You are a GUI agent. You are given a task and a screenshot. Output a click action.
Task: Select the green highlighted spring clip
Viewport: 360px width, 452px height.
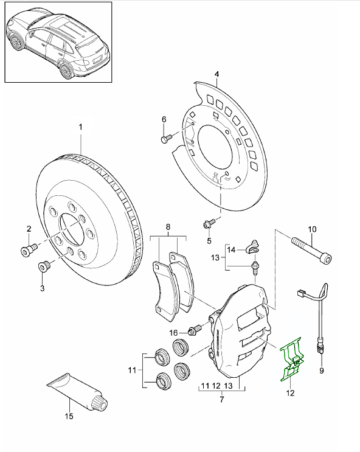click(x=291, y=363)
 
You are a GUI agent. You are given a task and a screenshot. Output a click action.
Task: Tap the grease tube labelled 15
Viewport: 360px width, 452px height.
click(x=74, y=391)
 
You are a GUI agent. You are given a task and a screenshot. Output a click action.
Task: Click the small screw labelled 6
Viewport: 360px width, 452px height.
click(x=167, y=139)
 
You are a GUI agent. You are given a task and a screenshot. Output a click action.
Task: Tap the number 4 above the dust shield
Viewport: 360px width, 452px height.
click(x=216, y=75)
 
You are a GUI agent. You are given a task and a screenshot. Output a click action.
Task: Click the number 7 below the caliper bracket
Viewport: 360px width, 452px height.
click(x=222, y=400)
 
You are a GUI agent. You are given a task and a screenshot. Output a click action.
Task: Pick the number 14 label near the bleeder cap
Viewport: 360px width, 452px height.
click(x=232, y=249)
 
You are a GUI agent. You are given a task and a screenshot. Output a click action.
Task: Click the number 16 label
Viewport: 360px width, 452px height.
click(x=173, y=332)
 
